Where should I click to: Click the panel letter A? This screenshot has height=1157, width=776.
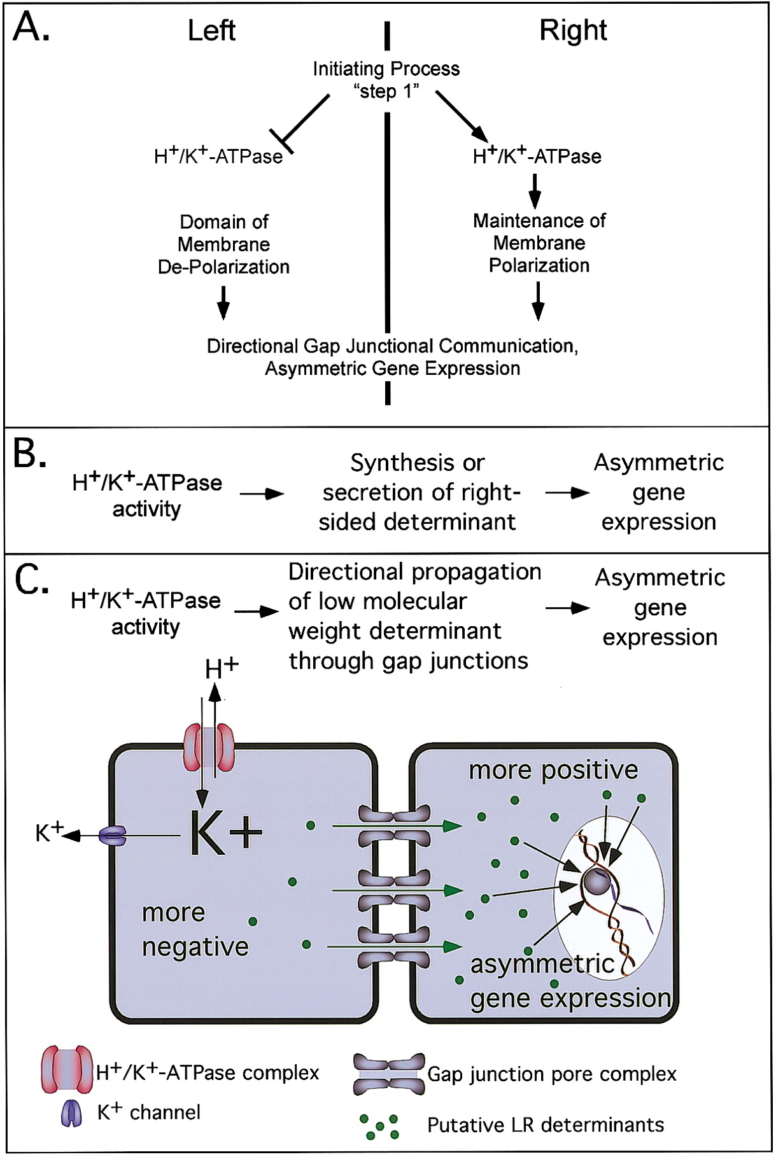click(x=31, y=29)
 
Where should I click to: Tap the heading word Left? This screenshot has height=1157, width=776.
click(x=211, y=31)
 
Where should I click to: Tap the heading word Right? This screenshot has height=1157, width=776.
click(x=573, y=31)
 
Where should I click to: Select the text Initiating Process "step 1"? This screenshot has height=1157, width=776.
click(x=386, y=80)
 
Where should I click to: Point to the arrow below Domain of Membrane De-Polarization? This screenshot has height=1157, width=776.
click(x=223, y=302)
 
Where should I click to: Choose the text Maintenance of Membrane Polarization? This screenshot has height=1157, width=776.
click(x=539, y=243)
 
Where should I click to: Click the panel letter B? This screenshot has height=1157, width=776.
click(x=29, y=454)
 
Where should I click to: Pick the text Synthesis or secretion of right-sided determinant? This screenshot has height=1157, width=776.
click(x=418, y=492)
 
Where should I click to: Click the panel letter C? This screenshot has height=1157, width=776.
click(x=31, y=579)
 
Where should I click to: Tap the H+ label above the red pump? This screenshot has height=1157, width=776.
click(x=222, y=668)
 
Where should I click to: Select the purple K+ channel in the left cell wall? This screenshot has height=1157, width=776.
click(x=113, y=836)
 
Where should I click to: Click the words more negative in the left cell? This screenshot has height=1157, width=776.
click(x=195, y=930)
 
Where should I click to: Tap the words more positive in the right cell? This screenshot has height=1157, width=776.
click(x=553, y=770)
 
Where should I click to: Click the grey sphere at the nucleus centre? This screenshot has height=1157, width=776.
click(x=596, y=882)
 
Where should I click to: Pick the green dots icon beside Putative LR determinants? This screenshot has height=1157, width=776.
click(x=379, y=1126)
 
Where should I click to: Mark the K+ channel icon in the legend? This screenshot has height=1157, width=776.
click(x=71, y=1113)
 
